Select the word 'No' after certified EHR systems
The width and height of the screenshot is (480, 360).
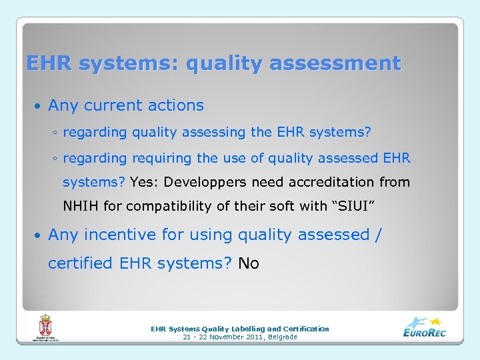pyautogui.click(x=249, y=263)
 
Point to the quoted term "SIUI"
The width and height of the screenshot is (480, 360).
pyautogui.click(x=353, y=206)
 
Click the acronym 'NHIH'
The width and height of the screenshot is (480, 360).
pyautogui.click(x=81, y=206)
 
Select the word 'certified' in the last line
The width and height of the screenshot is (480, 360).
pyautogui.click(x=81, y=263)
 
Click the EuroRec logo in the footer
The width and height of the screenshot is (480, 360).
pyautogui.click(x=425, y=327)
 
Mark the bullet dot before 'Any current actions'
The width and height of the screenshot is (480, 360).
pyautogui.click(x=39, y=106)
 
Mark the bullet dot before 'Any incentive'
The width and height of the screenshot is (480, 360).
pyautogui.click(x=39, y=235)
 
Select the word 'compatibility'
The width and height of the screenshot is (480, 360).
pyautogui.click(x=167, y=206)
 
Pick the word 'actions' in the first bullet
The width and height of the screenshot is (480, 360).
pyautogui.click(x=177, y=105)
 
